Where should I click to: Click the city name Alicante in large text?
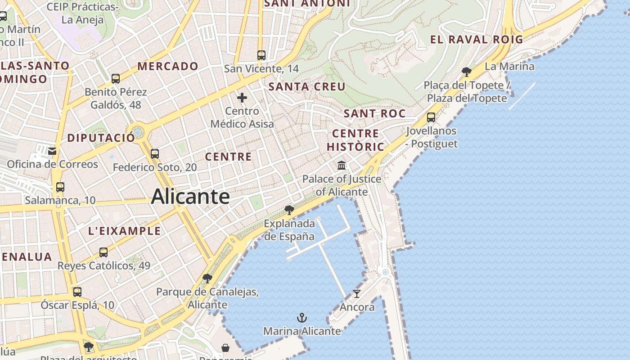[x=190, y=197]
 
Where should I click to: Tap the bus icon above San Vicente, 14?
[x=261, y=55]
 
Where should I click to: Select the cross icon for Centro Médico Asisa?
[x=242, y=98]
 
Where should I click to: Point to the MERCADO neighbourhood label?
[x=168, y=66]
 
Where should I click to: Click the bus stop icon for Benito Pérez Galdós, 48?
[x=116, y=79]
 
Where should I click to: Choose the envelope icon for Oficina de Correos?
[x=53, y=151]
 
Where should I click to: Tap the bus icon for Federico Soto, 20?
[x=155, y=154]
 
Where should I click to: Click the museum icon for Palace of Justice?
[x=342, y=166]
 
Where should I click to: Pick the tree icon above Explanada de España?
[x=289, y=210]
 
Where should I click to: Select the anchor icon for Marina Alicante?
[x=302, y=318]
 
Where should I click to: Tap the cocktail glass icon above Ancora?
[x=357, y=294]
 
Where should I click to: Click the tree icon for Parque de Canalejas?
[x=207, y=279]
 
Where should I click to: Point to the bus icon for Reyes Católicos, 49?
[x=103, y=252]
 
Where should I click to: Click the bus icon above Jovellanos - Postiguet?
[x=431, y=117]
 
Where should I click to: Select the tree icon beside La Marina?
[x=467, y=72]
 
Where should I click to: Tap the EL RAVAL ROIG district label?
[x=477, y=40]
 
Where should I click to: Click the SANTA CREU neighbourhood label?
[x=307, y=86]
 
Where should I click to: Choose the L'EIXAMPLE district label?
[x=124, y=231]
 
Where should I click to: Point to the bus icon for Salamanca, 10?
[x=60, y=187]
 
